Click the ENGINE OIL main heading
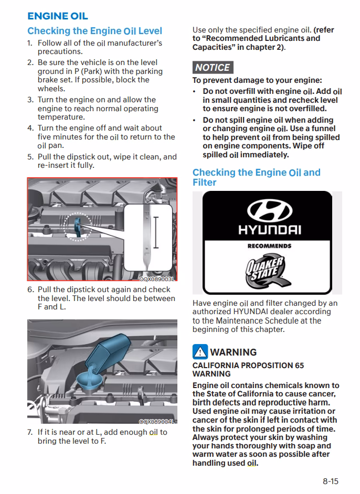(x=58, y=16)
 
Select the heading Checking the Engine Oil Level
(x=94, y=31)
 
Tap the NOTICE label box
(x=213, y=68)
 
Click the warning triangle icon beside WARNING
(x=200, y=352)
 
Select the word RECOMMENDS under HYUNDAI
(x=269, y=245)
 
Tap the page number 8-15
(x=331, y=480)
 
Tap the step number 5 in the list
(x=30, y=157)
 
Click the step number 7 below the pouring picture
(x=30, y=432)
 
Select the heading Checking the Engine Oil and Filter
(x=256, y=177)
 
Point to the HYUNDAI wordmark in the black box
(x=269, y=230)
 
